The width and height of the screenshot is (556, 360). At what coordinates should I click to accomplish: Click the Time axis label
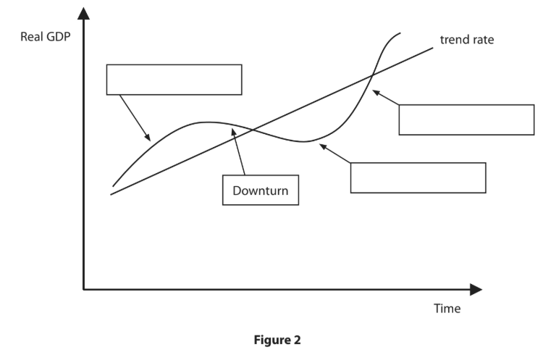click(447, 309)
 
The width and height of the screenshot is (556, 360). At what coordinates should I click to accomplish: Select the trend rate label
click(467, 39)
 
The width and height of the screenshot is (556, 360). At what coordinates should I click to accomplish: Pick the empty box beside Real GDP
click(174, 80)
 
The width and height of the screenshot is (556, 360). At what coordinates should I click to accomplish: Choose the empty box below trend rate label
click(466, 120)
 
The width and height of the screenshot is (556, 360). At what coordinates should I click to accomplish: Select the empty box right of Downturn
click(418, 177)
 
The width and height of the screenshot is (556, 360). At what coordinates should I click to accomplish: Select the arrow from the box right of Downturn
click(335, 154)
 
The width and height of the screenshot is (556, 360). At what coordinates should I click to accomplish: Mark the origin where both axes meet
click(84, 290)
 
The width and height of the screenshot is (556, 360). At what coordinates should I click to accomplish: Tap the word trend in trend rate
click(455, 39)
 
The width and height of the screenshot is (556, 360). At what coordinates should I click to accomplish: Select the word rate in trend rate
click(483, 39)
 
